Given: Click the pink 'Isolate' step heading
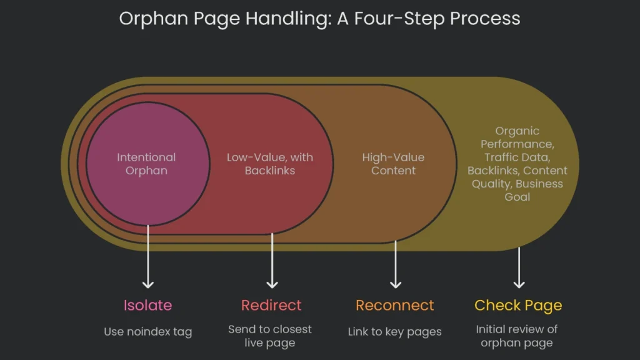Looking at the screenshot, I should pyautogui.click(x=147, y=305).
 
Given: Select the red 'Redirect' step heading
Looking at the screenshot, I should pyautogui.click(x=271, y=305).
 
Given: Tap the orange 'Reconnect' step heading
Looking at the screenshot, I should pyautogui.click(x=394, y=305).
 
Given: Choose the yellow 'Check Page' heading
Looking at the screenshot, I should pyautogui.click(x=517, y=305).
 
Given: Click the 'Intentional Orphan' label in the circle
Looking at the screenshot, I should pyautogui.click(x=146, y=164).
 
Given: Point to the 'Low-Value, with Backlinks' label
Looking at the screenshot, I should pyautogui.click(x=270, y=164).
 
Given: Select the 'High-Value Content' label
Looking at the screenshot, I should pyautogui.click(x=393, y=164).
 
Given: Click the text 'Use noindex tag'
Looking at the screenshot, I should pyautogui.click(x=147, y=332).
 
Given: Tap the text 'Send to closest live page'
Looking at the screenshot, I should pyautogui.click(x=270, y=336).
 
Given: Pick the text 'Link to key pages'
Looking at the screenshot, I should pyautogui.click(x=394, y=332).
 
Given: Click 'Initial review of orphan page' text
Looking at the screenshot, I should pyautogui.click(x=516, y=336).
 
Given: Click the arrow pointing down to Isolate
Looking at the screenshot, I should pyautogui.click(x=147, y=256).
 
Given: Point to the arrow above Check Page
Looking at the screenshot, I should pyautogui.click(x=519, y=267).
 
